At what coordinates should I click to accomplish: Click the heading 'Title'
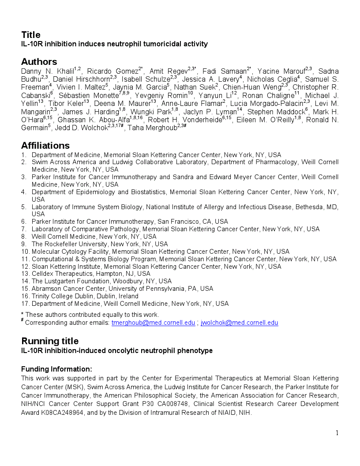click(31, 35)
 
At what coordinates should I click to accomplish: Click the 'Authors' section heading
click(39, 62)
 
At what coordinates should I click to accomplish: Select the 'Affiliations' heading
click(45, 146)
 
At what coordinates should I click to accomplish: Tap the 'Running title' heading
click(50, 341)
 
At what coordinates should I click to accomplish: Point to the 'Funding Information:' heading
click(56, 369)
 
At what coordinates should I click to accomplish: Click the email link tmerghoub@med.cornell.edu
click(153, 323)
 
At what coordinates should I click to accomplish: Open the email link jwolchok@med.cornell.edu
click(239, 323)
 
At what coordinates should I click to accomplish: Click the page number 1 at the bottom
click(337, 433)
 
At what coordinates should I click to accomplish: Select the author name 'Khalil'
click(64, 71)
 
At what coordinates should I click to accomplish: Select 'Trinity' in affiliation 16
click(42, 296)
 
